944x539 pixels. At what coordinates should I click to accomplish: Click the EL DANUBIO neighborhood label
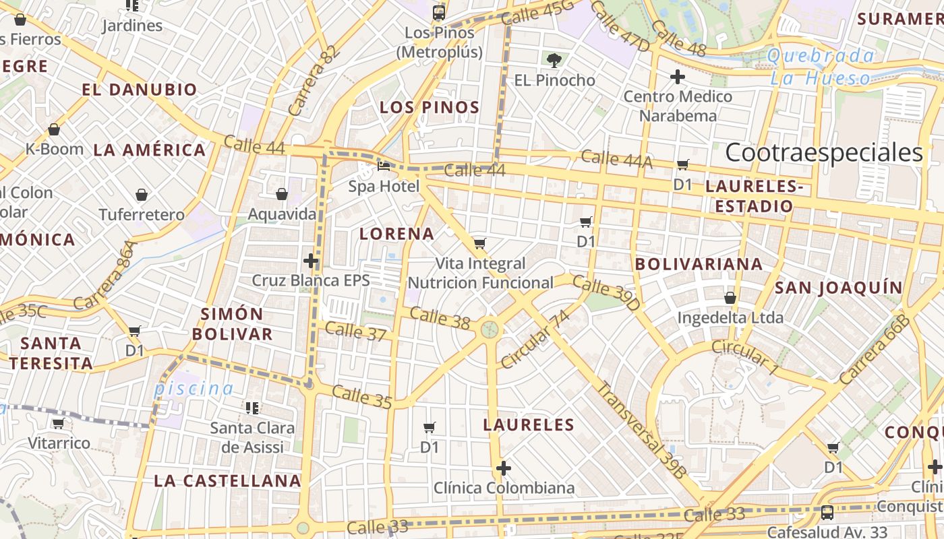(x=140, y=90)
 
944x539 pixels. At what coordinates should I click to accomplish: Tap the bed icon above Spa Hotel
(x=384, y=166)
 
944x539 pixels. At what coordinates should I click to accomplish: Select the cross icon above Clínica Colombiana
(x=503, y=468)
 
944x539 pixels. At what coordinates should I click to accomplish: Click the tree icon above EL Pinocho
(x=554, y=61)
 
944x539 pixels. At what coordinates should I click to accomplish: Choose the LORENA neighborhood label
(x=396, y=234)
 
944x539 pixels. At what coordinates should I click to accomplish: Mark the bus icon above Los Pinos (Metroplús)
(x=439, y=12)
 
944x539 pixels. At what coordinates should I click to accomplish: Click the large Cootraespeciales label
(x=823, y=153)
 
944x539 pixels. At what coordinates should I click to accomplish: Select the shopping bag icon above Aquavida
(x=282, y=195)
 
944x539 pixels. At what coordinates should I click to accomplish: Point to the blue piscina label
(x=194, y=388)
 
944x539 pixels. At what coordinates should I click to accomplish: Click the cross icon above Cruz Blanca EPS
(x=311, y=260)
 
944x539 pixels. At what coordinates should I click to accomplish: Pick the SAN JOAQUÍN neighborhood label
(x=838, y=288)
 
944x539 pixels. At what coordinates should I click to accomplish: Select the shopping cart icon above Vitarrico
(x=59, y=423)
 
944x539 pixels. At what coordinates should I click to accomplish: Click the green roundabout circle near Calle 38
(x=490, y=329)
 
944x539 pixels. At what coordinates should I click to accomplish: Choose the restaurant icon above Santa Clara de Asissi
(x=252, y=408)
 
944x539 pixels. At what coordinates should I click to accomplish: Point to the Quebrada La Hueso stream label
(x=821, y=67)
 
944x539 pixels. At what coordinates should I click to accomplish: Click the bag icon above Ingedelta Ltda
(x=730, y=297)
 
